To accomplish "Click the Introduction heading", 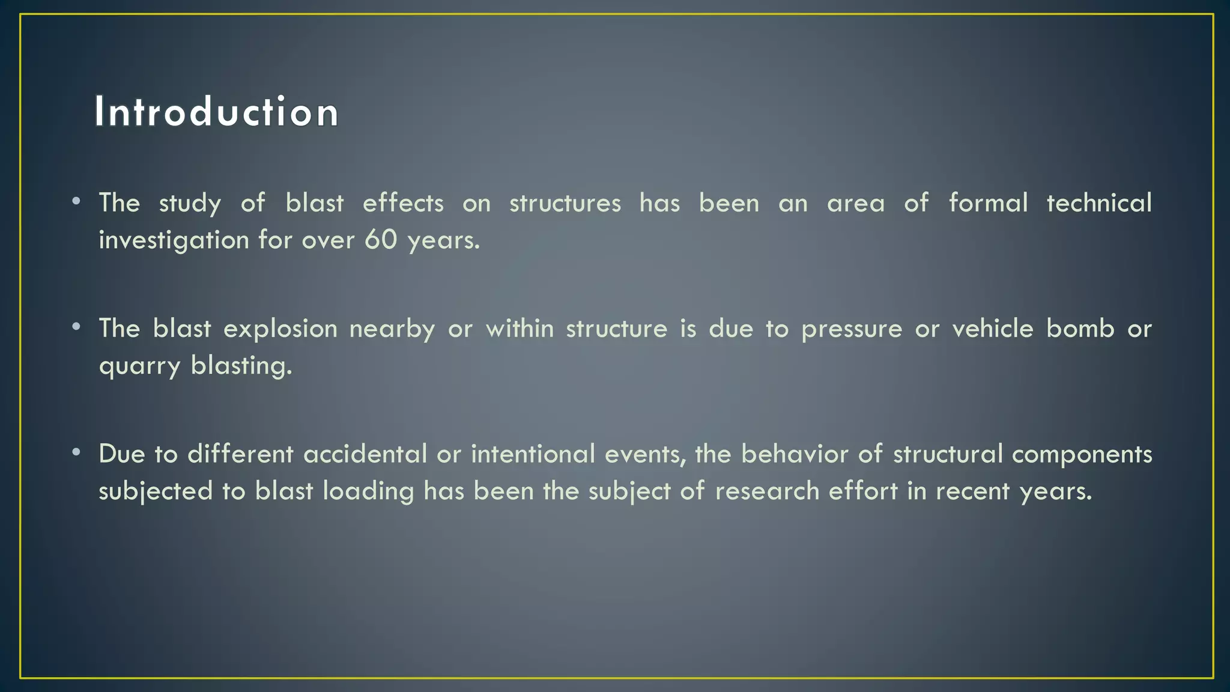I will point(216,112).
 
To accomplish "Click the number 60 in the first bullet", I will point(381,240).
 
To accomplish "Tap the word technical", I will point(1098,203).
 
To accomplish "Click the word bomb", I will point(1080,329).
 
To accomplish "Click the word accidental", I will point(365,454).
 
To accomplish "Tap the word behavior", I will point(794,454).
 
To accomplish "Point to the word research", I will point(767,491).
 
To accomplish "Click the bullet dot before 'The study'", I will point(76,201).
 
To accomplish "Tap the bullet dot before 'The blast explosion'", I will point(76,327).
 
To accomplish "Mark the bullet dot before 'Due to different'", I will point(76,452).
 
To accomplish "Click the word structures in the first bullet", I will point(565,203).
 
